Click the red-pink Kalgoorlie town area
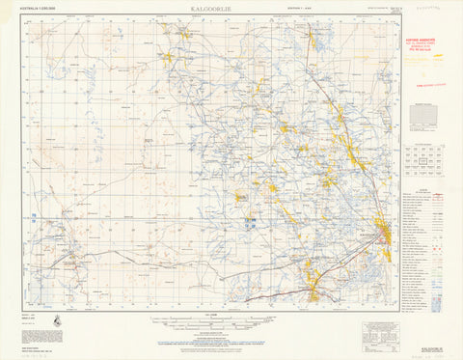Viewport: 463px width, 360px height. [385, 234]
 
